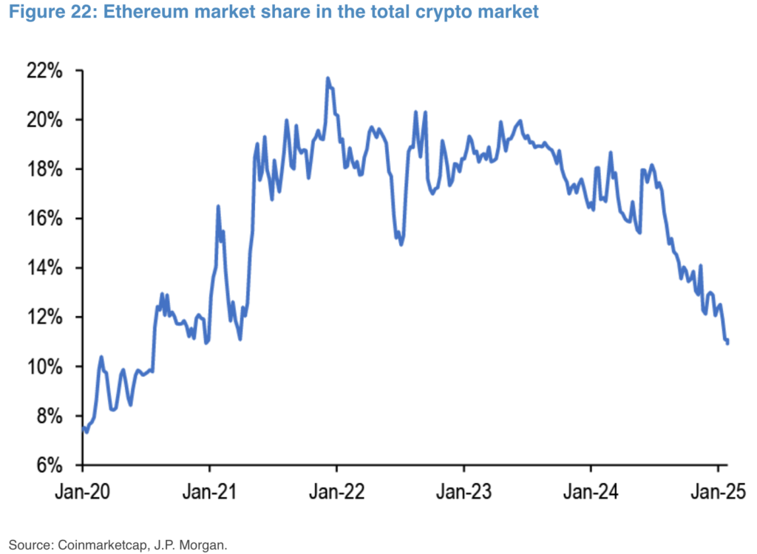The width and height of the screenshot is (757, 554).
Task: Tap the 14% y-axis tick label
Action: pos(47,268)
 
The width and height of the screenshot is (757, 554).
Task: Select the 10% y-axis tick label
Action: pos(47,366)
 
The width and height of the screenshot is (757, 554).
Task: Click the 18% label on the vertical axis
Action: pos(47,169)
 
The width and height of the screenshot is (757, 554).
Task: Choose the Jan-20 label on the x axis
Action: pos(83,491)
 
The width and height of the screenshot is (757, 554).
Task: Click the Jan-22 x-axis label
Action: pos(336,491)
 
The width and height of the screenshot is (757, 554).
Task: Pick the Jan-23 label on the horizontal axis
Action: pos(464,491)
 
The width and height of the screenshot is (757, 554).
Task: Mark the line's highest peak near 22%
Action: pos(327,78)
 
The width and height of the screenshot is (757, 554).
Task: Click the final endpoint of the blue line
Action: pos(728,343)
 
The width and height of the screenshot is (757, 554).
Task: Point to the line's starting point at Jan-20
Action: pos(83,428)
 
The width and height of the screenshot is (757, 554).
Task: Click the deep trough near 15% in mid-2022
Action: pos(401,244)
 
